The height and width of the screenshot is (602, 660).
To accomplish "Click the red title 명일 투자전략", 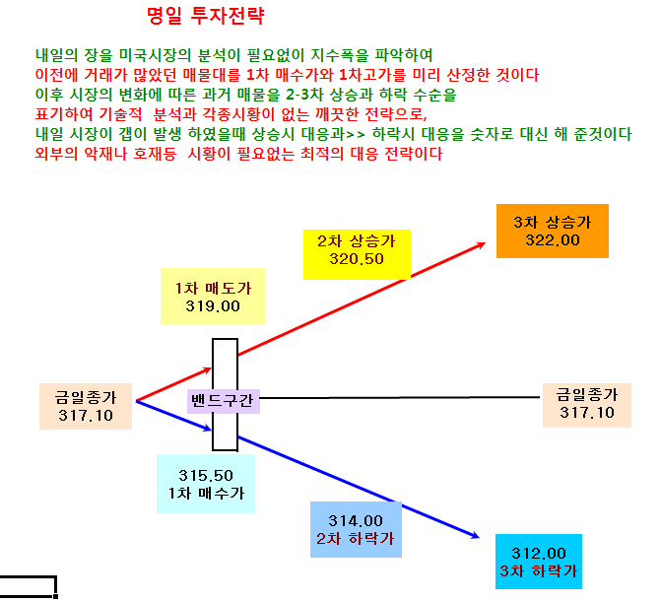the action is point(206,16).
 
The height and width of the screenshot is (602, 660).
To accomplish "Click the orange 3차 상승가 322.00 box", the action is point(553,231).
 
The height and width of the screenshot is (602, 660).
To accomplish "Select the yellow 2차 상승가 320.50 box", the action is point(357,254).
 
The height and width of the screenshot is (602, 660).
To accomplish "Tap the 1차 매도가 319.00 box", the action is point(213,297).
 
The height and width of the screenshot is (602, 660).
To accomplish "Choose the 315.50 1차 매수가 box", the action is point(206,484).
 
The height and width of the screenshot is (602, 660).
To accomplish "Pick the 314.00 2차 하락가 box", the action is point(356,530).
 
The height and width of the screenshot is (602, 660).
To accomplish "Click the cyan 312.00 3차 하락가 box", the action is point(539,562).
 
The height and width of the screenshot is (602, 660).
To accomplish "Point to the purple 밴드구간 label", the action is point(223,401).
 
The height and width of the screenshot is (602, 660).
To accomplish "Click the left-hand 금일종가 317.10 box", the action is point(86,406).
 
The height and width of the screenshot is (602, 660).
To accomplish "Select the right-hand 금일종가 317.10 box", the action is point(587,405).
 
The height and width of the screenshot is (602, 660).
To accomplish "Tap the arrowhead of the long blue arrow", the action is point(475,535).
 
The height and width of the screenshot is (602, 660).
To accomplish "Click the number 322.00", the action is point(553,240).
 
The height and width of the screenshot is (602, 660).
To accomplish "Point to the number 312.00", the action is point(539,553).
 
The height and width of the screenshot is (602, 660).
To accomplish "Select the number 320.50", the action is point(357,259).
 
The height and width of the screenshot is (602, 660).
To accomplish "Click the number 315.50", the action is point(206,476).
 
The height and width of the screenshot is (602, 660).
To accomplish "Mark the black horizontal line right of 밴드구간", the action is point(400,397).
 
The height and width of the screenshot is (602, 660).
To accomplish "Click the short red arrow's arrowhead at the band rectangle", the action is point(208,370).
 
